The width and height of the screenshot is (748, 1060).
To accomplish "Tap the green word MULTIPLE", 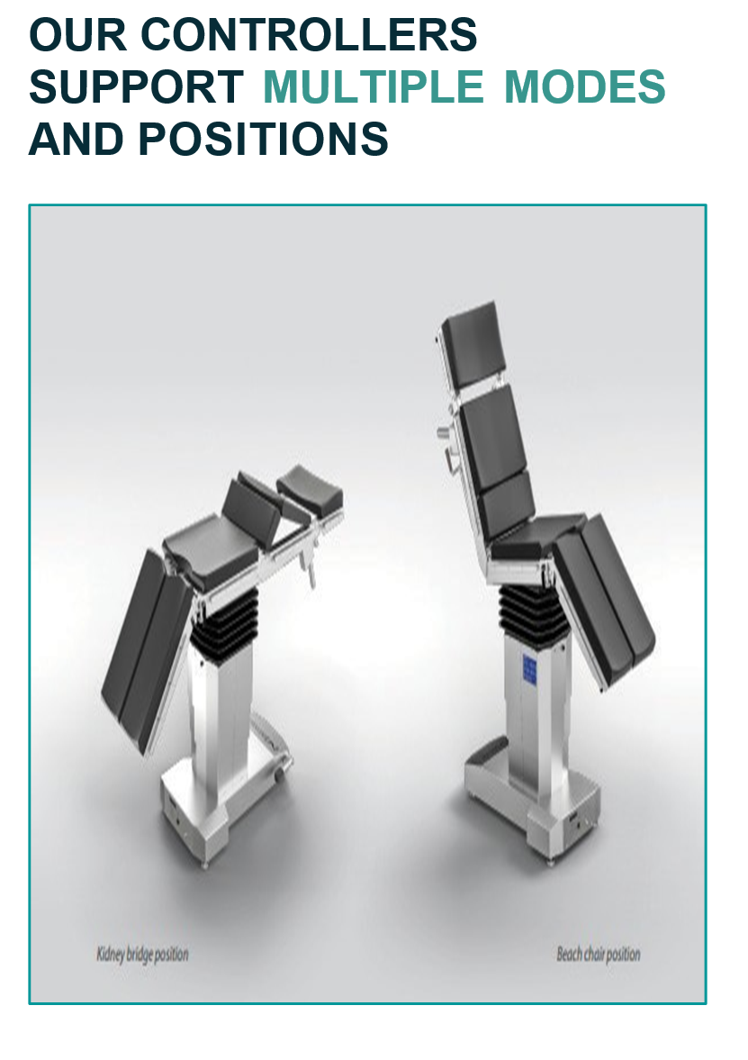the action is pos(373,86).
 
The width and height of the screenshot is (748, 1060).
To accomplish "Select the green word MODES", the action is pos(584,86).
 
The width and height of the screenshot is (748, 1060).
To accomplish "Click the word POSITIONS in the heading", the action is pos(264,139).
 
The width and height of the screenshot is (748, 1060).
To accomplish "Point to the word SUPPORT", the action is pos(136,86).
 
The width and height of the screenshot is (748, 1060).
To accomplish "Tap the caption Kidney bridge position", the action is pos(142,955).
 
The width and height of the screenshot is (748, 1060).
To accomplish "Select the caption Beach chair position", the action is pos(598,955).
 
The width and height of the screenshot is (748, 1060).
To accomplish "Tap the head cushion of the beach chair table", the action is pos(472,345).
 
